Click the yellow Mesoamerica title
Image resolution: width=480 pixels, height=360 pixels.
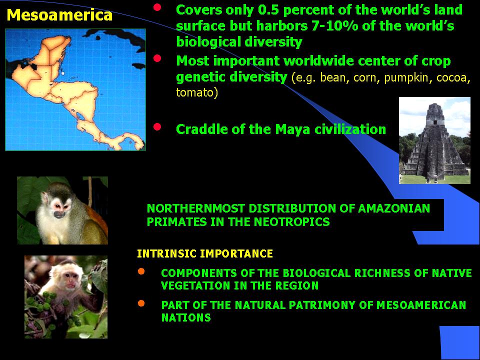59,15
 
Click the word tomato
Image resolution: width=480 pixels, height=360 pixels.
196,92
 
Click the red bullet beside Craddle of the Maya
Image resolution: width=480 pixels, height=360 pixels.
157,126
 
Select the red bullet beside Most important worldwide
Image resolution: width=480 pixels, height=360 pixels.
157,58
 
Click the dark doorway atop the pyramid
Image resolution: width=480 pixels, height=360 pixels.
434,122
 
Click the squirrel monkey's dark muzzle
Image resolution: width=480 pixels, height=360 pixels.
59,214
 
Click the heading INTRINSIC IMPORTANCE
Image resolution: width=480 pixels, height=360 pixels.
205,254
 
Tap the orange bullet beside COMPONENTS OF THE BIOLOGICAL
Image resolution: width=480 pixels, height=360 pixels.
141,271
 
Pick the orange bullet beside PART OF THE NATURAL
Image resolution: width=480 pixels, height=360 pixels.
141,303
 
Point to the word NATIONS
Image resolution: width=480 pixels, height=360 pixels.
186,318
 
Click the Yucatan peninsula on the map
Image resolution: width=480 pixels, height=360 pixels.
56,50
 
